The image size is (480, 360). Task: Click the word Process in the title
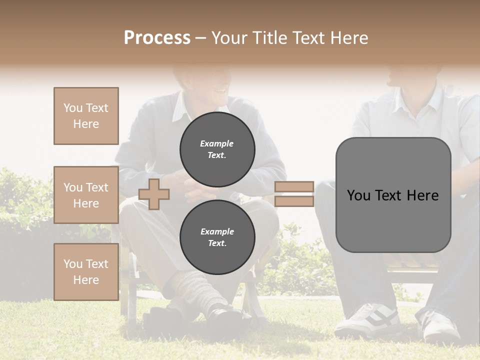pos(157,38)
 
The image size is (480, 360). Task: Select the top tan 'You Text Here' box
pos(86,116)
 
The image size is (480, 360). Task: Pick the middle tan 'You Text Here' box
pos(86,195)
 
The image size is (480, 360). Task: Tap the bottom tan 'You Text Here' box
pos(86,272)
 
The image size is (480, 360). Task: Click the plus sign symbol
pos(154,194)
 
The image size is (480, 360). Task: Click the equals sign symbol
pos(294,194)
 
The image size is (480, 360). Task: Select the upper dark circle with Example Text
pos(217,149)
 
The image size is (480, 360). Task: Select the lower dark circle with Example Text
pos(217,237)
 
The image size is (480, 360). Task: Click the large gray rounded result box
pos(393,195)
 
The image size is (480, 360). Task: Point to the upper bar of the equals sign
pos(294,187)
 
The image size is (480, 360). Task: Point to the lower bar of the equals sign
pos(294,201)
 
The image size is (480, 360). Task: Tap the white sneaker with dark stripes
pos(367,320)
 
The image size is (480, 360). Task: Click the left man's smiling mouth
pos(218,93)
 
